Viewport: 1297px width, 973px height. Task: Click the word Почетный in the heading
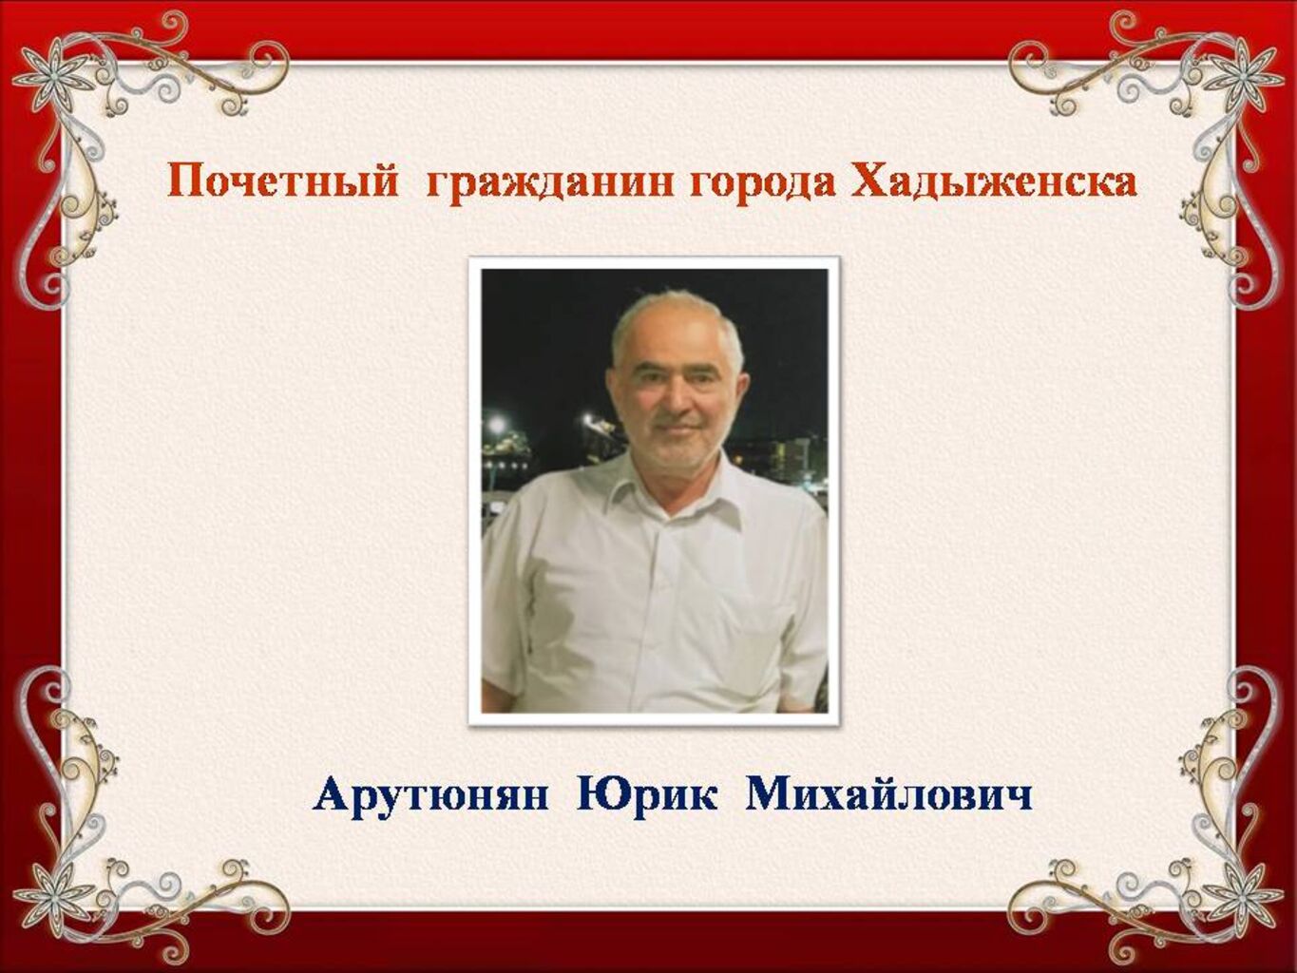point(282,181)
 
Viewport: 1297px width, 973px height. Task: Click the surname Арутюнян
point(430,795)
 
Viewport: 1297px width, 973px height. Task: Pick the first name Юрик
point(646,795)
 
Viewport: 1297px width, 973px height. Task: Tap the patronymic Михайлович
point(888,794)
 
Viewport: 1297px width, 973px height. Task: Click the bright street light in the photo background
point(496,423)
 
